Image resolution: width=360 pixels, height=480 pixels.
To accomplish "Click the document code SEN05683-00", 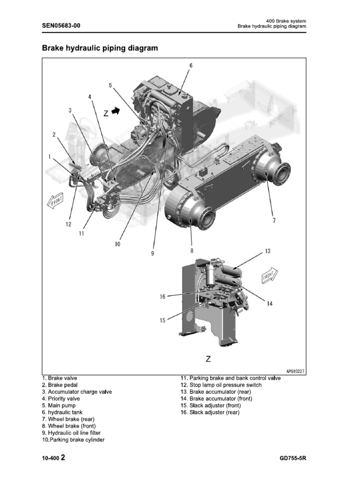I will coord(61,26).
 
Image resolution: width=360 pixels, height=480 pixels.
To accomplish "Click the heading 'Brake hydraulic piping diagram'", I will coord(100,48).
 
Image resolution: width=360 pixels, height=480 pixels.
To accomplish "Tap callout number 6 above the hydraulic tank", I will coord(191,66).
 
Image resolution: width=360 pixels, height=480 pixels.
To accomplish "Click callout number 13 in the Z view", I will coord(268,251).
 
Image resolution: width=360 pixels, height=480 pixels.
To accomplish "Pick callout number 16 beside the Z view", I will coord(163,296).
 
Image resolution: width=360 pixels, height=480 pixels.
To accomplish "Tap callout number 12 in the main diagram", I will coord(68,224).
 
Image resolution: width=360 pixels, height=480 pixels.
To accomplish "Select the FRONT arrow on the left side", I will coord(54,201).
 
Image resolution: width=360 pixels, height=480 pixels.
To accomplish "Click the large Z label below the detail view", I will coord(208,359).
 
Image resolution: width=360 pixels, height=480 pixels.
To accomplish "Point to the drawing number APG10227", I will coord(295,371).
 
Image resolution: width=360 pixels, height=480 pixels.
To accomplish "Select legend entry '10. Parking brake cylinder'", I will coord(73,440).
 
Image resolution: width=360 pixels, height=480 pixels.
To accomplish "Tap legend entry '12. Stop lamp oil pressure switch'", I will coord(221,385).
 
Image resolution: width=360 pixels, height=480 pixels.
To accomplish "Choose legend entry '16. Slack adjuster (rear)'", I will coord(210,412).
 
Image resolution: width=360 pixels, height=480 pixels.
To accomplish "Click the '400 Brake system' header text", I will coord(286,21).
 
